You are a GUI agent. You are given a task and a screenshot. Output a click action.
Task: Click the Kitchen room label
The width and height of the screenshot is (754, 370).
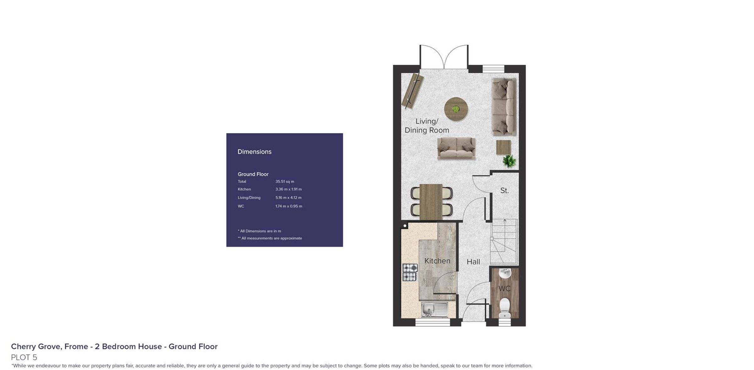(x=437, y=261)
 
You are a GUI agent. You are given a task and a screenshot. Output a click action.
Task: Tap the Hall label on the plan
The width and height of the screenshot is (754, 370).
(x=473, y=262)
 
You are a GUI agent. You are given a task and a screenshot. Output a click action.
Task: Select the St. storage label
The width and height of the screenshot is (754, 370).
(x=504, y=190)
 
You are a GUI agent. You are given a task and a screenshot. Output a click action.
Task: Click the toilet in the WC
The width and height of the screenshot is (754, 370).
(x=505, y=308)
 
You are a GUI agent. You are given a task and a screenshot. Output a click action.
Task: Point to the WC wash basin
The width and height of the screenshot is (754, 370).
(x=505, y=273)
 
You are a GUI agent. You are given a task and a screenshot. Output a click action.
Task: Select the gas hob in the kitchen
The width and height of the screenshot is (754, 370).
(x=410, y=272)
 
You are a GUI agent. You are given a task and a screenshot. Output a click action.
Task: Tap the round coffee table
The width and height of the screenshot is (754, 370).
(x=456, y=109)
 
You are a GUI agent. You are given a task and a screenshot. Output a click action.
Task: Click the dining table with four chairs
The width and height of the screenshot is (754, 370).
(x=431, y=202)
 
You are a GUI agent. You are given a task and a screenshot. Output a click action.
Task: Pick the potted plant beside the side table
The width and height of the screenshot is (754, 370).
(x=509, y=161)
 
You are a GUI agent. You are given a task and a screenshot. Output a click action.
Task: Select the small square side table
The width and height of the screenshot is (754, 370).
(x=503, y=147)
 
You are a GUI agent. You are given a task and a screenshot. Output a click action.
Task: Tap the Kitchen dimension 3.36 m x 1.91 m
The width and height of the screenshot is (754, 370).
(x=288, y=189)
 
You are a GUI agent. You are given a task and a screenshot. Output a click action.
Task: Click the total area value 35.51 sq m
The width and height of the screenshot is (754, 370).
(x=285, y=181)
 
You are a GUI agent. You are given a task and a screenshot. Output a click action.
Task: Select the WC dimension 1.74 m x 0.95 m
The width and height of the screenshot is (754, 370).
(x=289, y=206)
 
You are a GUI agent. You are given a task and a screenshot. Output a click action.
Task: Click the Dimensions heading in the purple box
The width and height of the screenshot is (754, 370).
(x=254, y=152)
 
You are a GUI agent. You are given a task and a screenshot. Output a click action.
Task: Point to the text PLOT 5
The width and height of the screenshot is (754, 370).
(x=24, y=357)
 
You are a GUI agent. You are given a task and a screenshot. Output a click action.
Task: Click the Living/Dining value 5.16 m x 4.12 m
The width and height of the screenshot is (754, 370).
(x=288, y=198)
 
